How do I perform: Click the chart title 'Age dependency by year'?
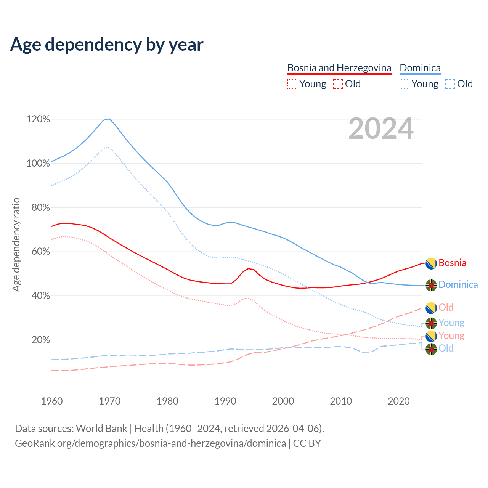click(x=107, y=45)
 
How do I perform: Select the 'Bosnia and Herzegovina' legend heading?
click(x=339, y=68)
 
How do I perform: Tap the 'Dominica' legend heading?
click(x=420, y=68)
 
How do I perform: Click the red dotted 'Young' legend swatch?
click(x=292, y=84)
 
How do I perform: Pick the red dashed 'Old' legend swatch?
click(x=338, y=84)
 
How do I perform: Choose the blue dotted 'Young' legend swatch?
click(x=405, y=84)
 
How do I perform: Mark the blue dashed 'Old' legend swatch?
click(x=450, y=84)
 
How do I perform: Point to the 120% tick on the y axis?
click(x=38, y=119)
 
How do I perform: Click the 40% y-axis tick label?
click(x=41, y=296)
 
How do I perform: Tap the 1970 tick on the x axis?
click(x=110, y=401)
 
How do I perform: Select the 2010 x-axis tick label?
click(x=341, y=401)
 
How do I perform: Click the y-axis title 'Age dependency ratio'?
click(x=16, y=245)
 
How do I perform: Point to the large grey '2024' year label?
click(x=381, y=129)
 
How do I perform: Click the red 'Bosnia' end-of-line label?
click(x=452, y=263)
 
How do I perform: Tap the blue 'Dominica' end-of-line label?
click(x=458, y=284)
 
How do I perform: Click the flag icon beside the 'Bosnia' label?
click(x=431, y=263)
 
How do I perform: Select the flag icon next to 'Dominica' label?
click(x=431, y=285)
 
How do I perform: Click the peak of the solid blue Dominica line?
click(x=109, y=119)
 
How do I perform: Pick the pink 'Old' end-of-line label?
click(x=446, y=307)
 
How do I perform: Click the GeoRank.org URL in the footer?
click(x=150, y=443)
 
